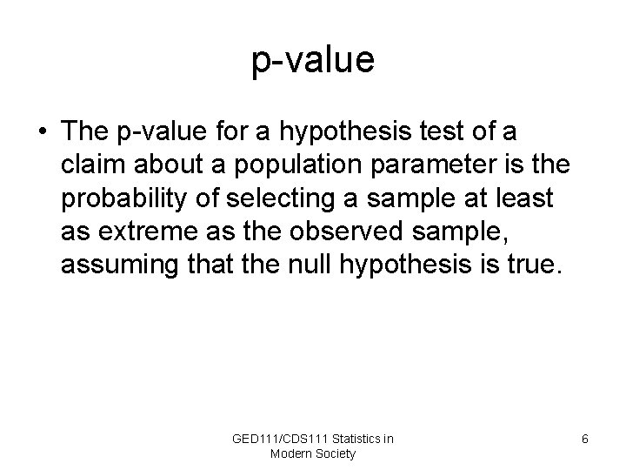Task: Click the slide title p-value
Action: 313,61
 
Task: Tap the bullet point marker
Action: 42,132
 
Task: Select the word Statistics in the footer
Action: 356,439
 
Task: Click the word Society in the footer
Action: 336,453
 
